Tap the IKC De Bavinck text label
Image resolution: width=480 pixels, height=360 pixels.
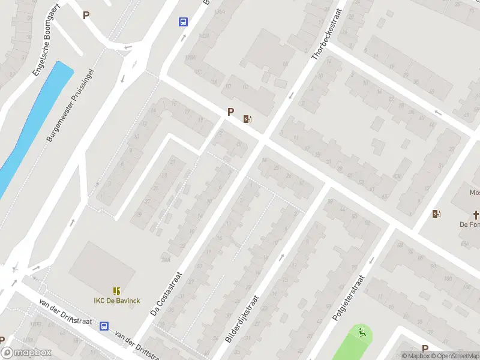(116, 300)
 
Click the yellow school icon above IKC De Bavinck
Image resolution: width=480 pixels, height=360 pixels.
(116, 290)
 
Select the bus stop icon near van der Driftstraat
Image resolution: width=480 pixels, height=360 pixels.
(104, 326)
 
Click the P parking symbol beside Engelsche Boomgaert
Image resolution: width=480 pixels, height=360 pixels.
(86, 16)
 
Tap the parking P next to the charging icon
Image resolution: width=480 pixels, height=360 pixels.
(230, 112)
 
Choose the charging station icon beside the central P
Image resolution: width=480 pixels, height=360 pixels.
(247, 119)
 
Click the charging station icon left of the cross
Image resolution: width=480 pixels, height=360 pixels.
(436, 214)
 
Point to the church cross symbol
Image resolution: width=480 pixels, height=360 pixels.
(477, 214)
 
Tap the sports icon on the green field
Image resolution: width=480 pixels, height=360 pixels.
(361, 333)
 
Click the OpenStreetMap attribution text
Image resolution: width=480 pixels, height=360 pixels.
(454, 356)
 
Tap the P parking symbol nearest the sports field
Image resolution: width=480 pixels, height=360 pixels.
(425, 349)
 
